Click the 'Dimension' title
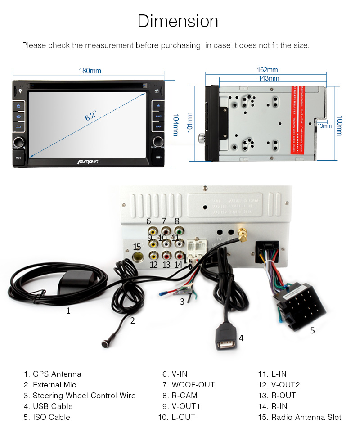pyautogui.click(x=178, y=21)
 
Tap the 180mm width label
pyautogui.click(x=90, y=71)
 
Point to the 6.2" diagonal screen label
pyautogui.click(x=91, y=116)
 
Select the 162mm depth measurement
pyautogui.click(x=267, y=70)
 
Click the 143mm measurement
pyautogui.click(x=269, y=78)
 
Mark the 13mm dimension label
pyautogui.click(x=324, y=126)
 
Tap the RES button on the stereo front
pyautogui.click(x=18, y=158)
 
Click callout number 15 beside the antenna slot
pyautogui.click(x=137, y=247)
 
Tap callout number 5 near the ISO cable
pyautogui.click(x=312, y=330)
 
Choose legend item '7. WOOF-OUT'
pyautogui.click(x=189, y=385)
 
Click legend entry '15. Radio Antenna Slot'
pyautogui.click(x=299, y=417)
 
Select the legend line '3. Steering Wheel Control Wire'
pyautogui.click(x=80, y=396)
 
